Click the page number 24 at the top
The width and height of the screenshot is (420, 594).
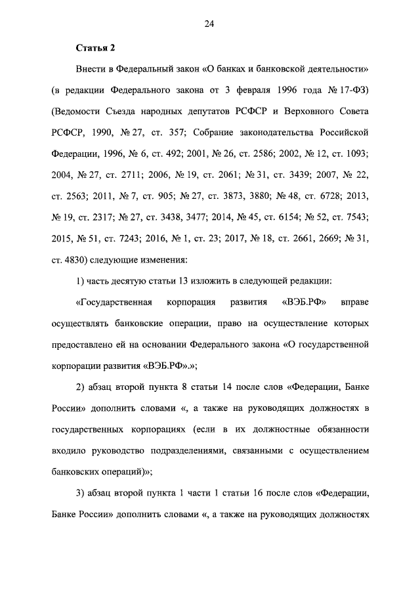(x=209, y=24)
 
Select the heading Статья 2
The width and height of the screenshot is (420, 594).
(x=96, y=48)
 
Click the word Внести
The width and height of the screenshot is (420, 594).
(x=91, y=69)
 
